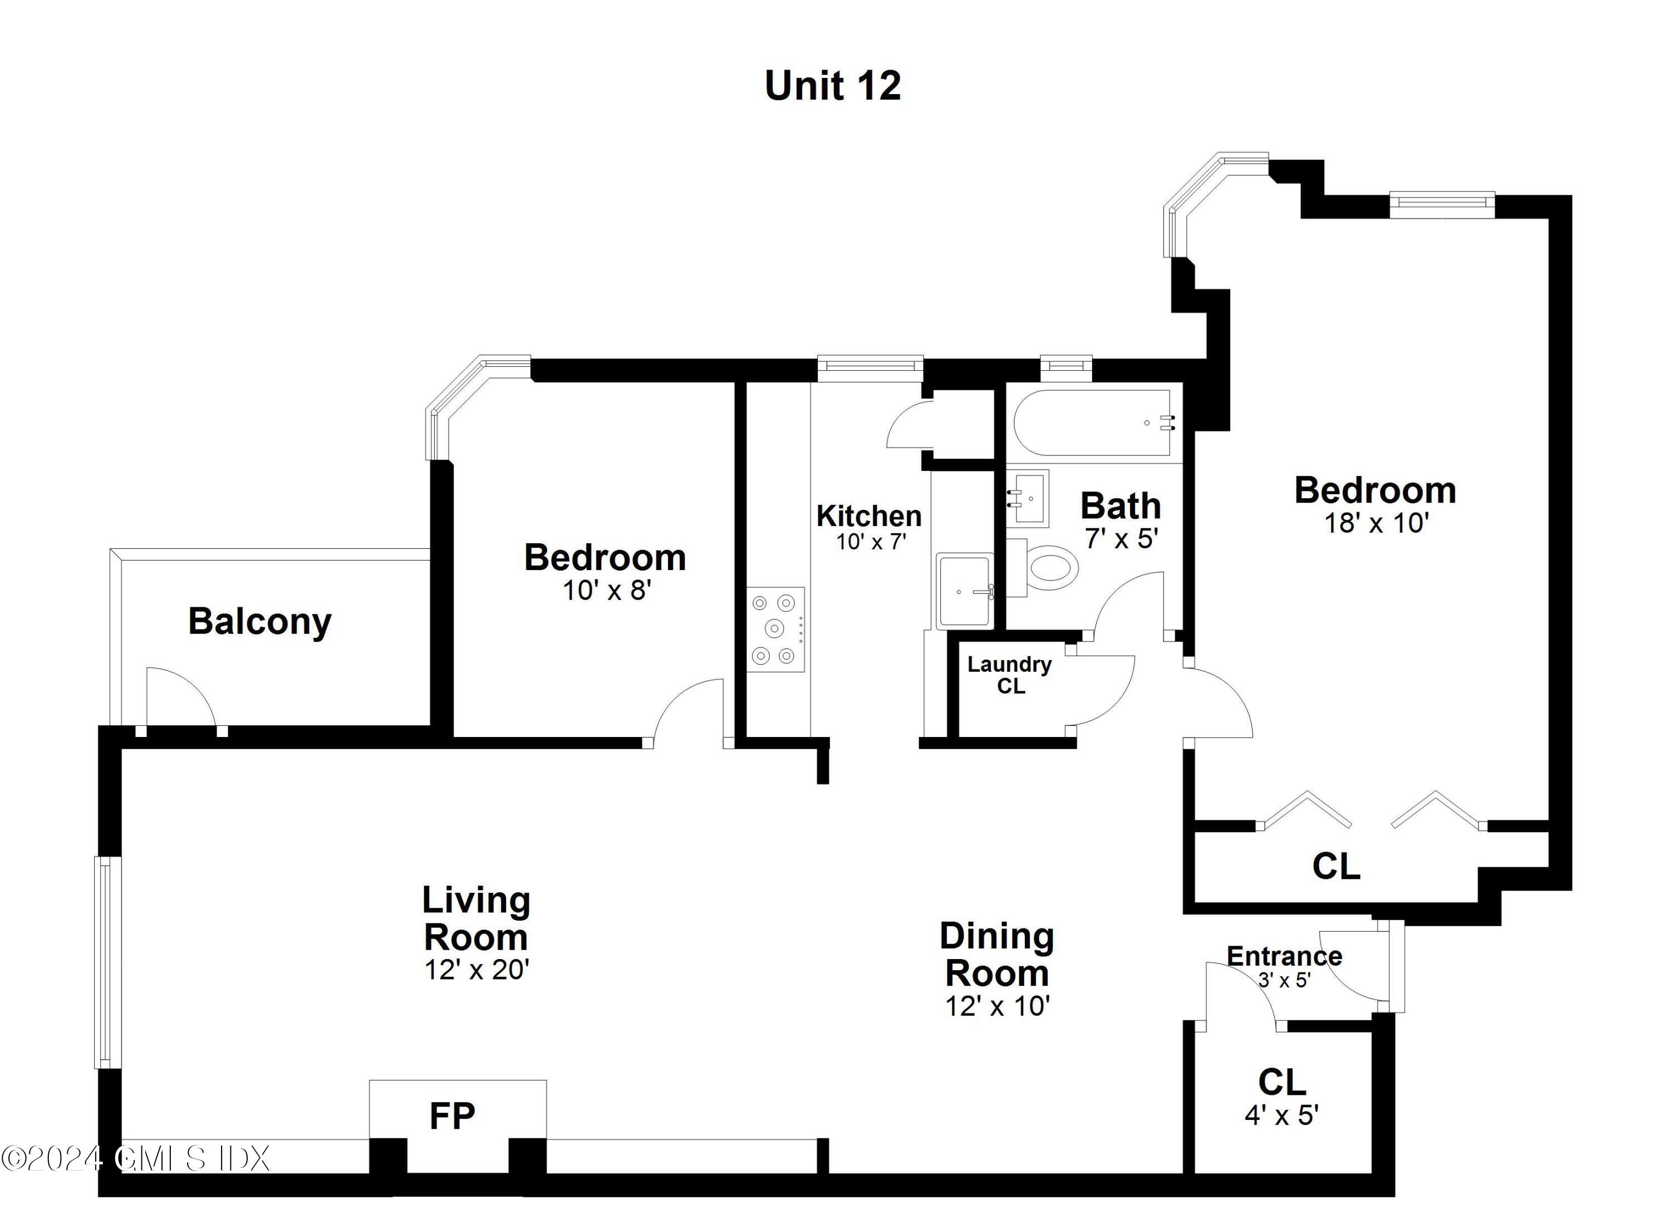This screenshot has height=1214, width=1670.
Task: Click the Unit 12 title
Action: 832,86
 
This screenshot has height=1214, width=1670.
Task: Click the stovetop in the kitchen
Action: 775,629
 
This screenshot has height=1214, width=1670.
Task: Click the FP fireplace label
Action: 452,1116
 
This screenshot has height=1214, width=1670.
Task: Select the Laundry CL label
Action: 1009,675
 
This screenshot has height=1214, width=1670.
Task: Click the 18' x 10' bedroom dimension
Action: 1376,523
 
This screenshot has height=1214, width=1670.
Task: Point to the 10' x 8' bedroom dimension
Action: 607,591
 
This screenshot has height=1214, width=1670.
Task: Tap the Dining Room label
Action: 997,955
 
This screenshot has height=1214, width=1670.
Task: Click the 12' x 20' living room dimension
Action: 477,970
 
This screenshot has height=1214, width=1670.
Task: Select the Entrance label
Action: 1284,956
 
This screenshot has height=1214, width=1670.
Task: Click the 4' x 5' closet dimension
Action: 1281,1115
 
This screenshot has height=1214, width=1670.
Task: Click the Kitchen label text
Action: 869,516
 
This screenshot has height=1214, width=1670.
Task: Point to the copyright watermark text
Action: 136,1159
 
